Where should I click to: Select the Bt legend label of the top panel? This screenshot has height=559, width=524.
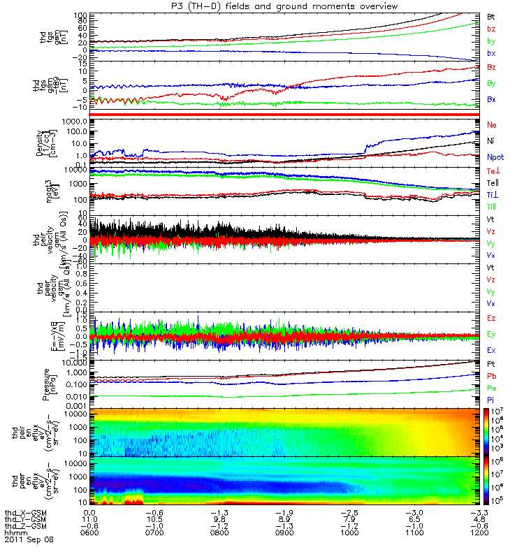pyautogui.click(x=491, y=15)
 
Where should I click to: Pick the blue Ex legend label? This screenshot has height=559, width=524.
pyautogui.click(x=491, y=349)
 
